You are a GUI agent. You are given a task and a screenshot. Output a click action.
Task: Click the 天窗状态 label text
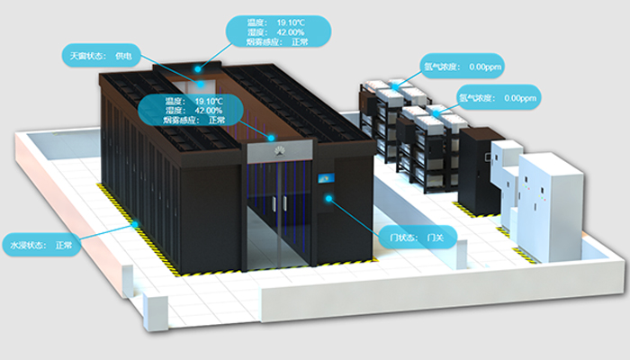coord(88,56)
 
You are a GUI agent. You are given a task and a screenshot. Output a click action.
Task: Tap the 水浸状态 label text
coord(27,245)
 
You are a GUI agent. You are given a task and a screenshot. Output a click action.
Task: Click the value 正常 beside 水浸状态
coord(64,245)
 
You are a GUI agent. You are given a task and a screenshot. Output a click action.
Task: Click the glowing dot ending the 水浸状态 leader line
coord(136,222)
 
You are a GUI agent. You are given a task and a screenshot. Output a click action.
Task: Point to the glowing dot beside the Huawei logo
coord(271,137)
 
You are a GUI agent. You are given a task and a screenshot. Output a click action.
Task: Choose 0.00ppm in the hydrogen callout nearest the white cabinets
coord(520,97)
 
